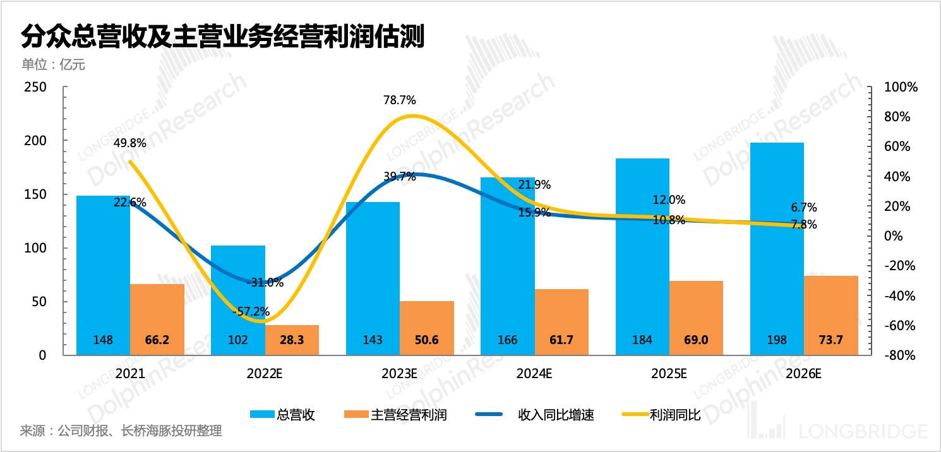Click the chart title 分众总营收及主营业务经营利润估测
pyautogui.click(x=222, y=37)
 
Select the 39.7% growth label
pyautogui.click(x=399, y=177)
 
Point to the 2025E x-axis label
pyautogui.click(x=669, y=373)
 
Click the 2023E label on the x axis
pyautogui.click(x=400, y=373)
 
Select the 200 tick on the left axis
pyautogui.click(x=35, y=140)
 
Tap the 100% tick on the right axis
pyautogui.click(x=900, y=87)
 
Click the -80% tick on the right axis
pyautogui.click(x=900, y=355)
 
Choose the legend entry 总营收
pyautogui.click(x=283, y=415)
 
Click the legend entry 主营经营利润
pyautogui.click(x=395, y=415)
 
